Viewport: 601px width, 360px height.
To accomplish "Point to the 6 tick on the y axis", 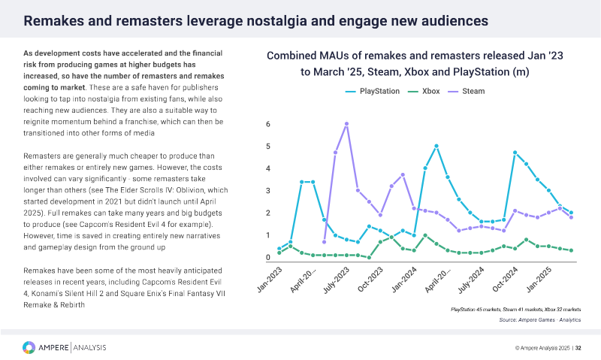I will tap(269, 124).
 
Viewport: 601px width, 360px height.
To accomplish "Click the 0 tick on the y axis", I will tap(269, 258).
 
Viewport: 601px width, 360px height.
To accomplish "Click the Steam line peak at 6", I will tap(346, 124).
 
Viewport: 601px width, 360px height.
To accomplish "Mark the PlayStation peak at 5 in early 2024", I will tap(436, 146).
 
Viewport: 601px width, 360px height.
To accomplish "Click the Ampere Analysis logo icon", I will tap(29, 347).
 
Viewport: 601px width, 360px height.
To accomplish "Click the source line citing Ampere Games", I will tap(540, 320).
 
